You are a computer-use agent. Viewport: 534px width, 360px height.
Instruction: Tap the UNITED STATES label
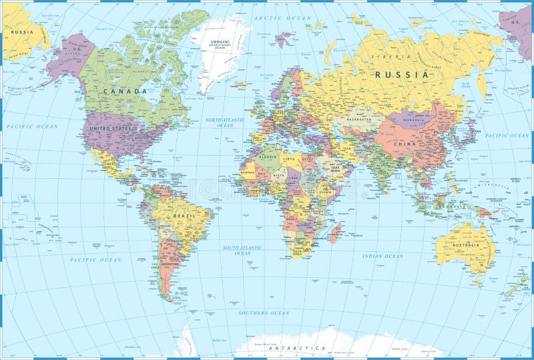112,128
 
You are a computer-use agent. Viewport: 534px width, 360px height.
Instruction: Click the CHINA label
405,143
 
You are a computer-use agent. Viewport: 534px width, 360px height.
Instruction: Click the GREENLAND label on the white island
221,41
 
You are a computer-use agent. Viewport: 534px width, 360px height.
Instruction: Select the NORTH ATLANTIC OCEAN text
224,122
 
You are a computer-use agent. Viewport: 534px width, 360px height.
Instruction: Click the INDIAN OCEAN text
383,256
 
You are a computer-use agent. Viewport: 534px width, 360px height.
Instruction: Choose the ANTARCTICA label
297,349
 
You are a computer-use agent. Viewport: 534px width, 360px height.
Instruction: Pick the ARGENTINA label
170,264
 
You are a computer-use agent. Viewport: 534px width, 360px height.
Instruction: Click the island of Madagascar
335,233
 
